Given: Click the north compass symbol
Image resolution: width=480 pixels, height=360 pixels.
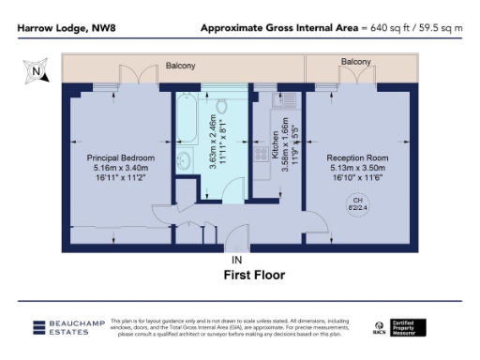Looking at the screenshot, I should [x=35, y=70].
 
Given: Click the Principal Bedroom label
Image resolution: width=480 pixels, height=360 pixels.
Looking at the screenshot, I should [x=121, y=157].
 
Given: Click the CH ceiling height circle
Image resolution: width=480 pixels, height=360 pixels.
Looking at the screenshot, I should [x=356, y=205].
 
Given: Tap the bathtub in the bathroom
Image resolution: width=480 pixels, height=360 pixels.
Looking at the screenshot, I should [x=187, y=141].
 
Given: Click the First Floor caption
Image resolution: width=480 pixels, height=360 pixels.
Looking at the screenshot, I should [x=253, y=276].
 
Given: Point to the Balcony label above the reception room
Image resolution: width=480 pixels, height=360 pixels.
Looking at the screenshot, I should [x=355, y=62].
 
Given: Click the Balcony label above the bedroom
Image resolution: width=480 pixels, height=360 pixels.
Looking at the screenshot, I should [x=181, y=67].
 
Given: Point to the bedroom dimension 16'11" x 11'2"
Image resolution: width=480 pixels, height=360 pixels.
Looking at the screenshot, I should [x=121, y=177].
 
